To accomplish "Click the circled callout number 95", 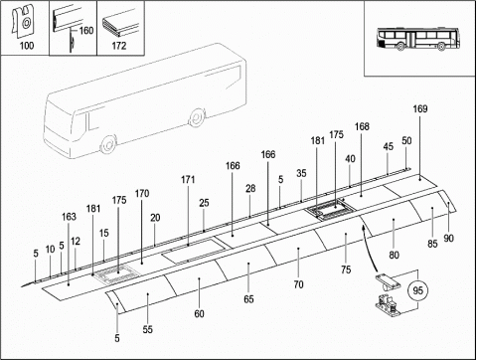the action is (418, 290).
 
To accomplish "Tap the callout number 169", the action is (420, 109).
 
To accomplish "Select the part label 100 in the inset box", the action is (27, 46).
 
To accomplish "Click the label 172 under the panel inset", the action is (119, 46).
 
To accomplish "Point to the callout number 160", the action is (86, 31).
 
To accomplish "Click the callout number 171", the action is (188, 180).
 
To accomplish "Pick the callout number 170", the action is (142, 193).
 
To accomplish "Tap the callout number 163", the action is (69, 217).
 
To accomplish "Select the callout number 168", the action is (362, 126).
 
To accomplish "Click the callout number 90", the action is (448, 239).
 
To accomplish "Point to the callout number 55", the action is (148, 329).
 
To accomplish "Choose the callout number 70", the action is (298, 284).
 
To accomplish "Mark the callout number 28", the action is (250, 189).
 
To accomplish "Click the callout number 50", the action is (406, 141).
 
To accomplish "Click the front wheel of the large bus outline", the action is (108, 144).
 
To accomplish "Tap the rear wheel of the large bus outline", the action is (196, 117).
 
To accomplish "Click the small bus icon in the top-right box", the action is (418, 40).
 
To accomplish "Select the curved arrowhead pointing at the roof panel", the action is (364, 228).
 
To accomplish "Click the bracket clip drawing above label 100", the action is (23, 21).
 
